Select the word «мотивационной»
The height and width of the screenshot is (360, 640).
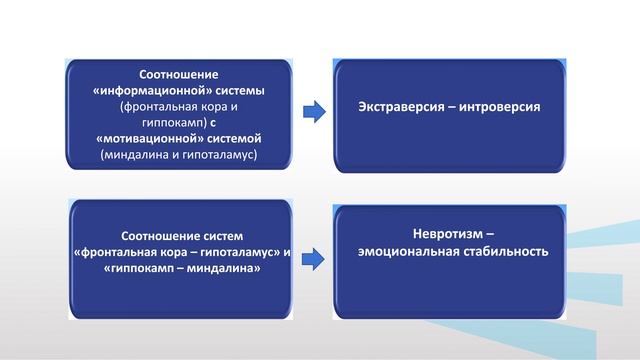148,140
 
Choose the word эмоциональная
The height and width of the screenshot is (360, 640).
410,252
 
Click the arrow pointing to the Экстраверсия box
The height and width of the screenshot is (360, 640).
314,111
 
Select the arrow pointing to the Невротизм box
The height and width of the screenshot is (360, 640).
314,258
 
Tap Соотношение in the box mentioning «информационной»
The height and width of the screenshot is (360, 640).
181,74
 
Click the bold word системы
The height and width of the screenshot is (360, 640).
253,89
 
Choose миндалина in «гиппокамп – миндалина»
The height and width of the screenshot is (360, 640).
221,270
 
